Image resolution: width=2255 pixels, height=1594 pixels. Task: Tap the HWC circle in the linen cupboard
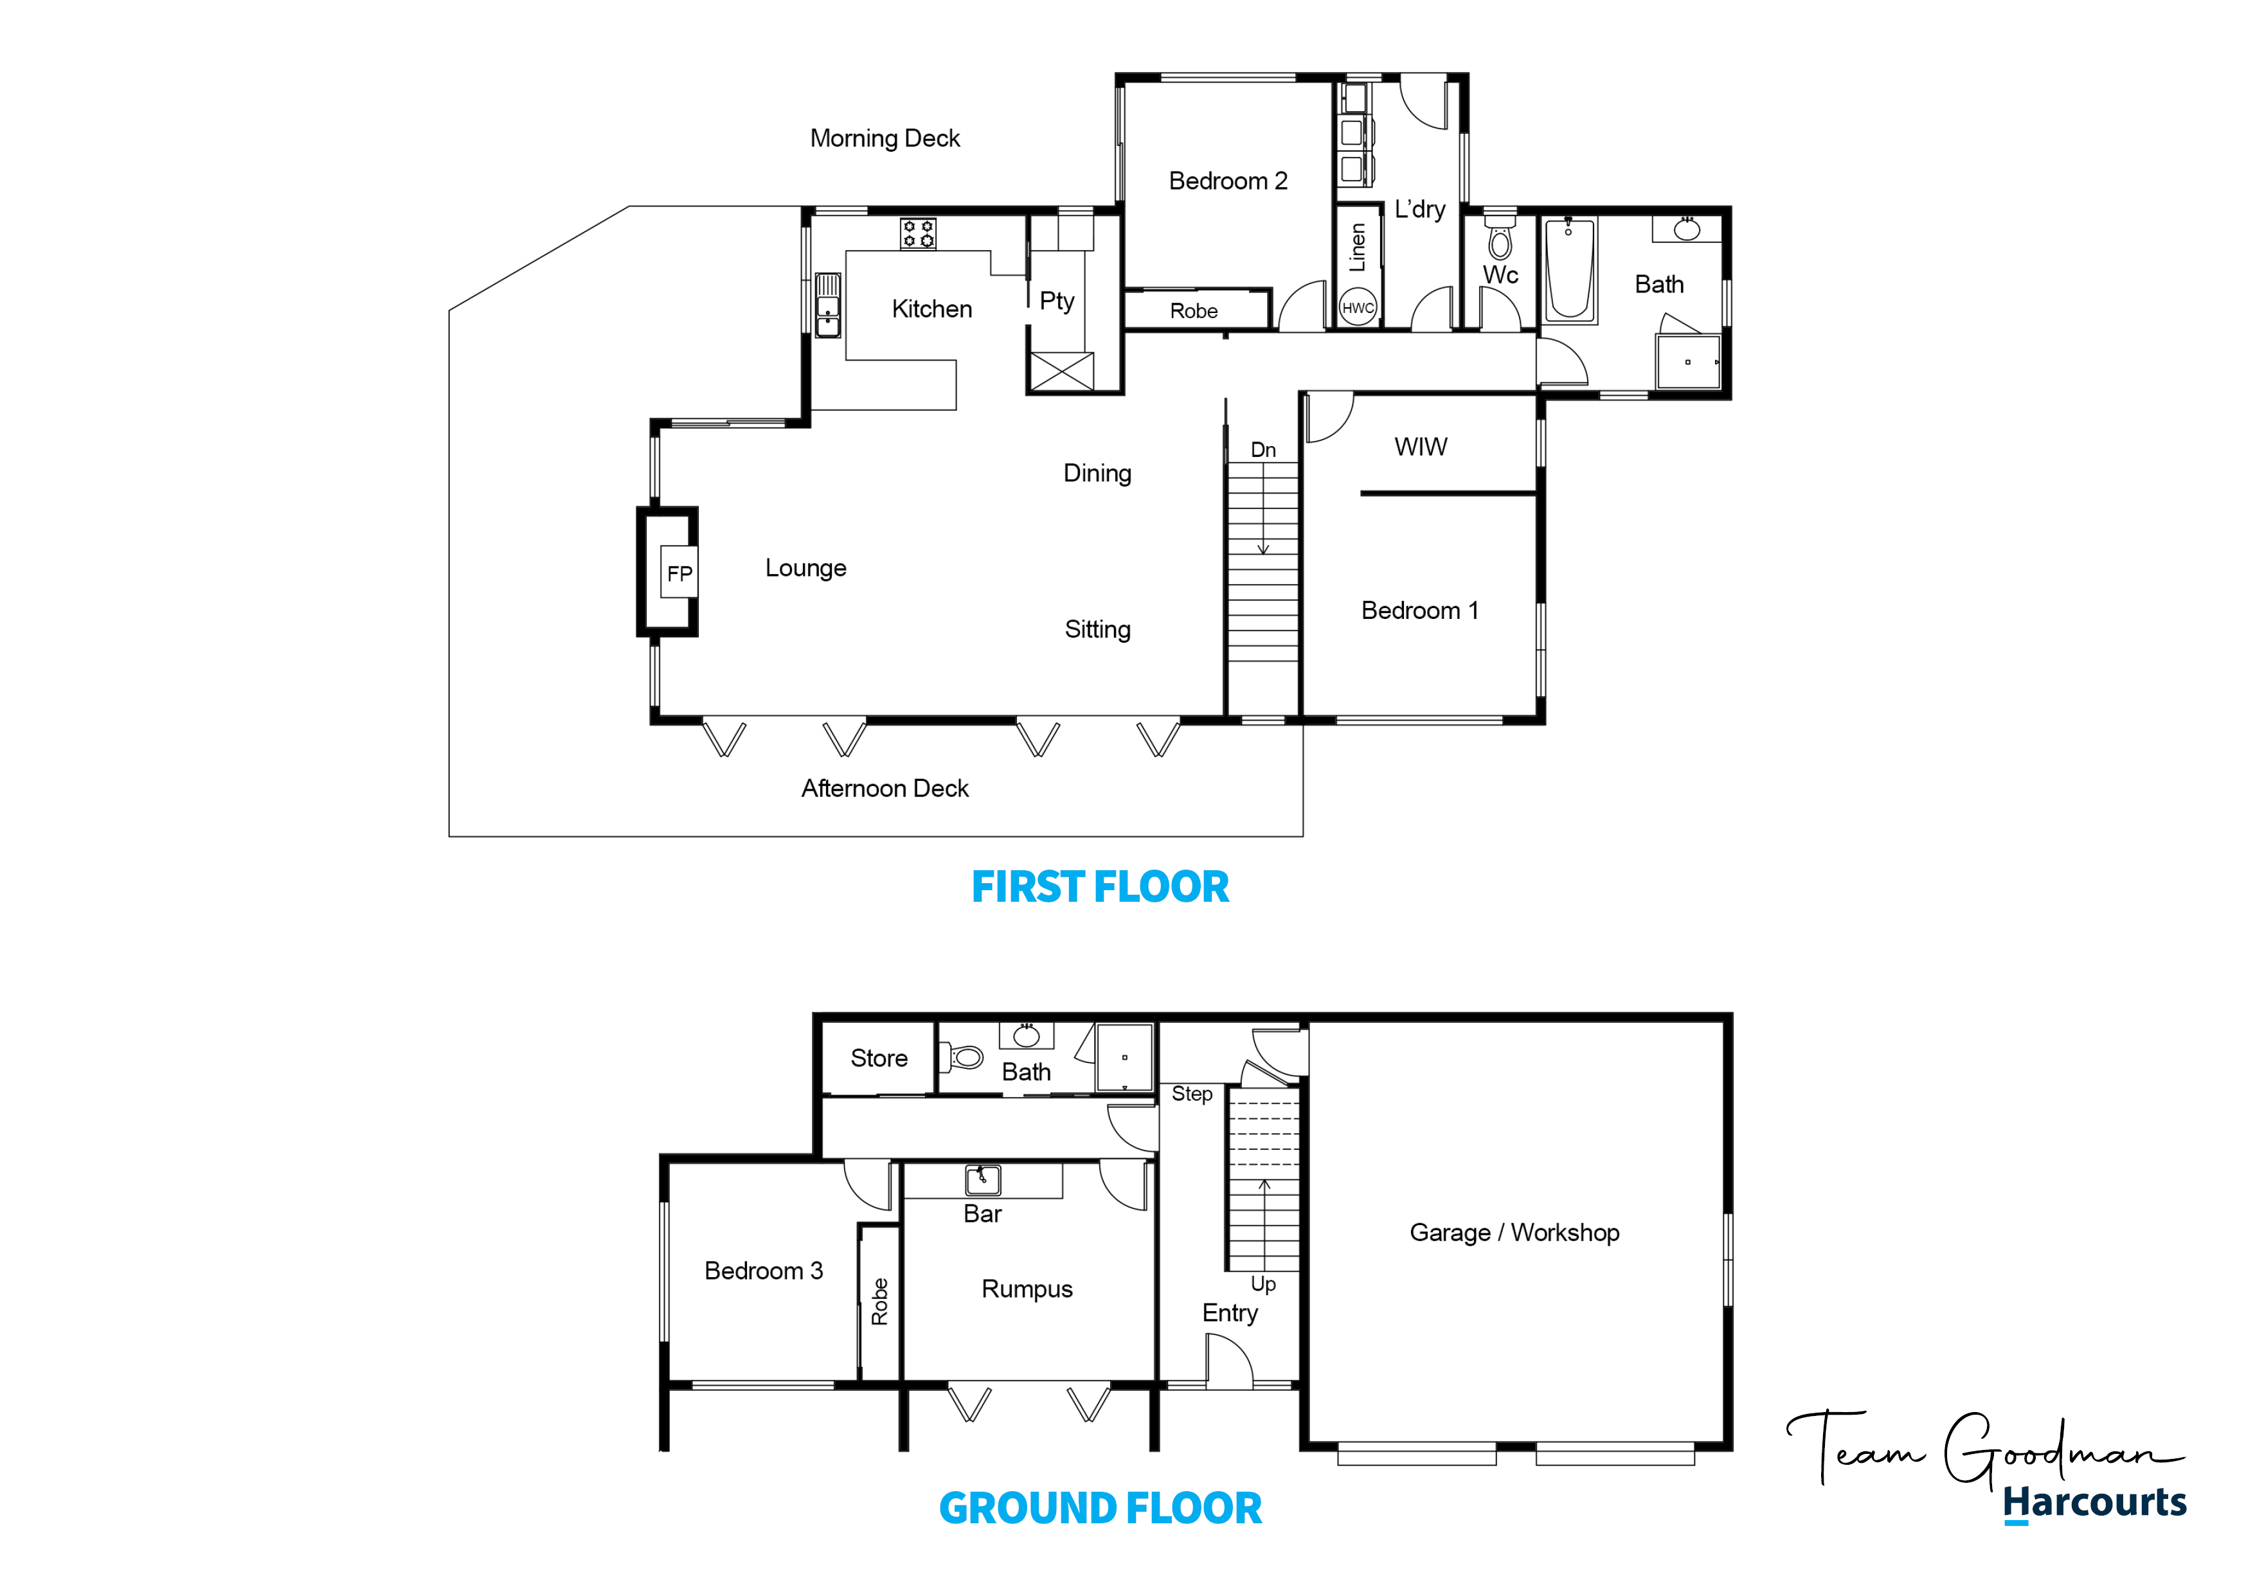(x=1358, y=307)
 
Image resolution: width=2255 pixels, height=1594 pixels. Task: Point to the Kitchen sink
(x=828, y=305)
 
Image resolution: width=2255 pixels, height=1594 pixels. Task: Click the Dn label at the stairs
(x=1263, y=450)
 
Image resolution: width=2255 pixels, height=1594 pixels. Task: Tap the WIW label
(x=1420, y=447)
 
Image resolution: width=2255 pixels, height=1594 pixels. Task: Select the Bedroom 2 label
(x=1228, y=181)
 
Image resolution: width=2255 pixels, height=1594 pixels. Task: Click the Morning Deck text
(x=885, y=138)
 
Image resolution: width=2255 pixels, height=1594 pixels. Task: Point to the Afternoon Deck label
(x=885, y=789)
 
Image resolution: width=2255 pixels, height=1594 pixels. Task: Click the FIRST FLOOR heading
(x=1100, y=887)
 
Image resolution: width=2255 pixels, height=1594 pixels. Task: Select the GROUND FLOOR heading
(x=1100, y=1509)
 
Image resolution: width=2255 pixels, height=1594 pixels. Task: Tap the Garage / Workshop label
(x=1514, y=1233)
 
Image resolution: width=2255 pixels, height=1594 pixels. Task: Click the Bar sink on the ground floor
(x=982, y=1179)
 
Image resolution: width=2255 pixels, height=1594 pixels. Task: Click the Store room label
(x=879, y=1058)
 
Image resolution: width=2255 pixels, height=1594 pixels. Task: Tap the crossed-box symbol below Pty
(x=1061, y=372)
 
